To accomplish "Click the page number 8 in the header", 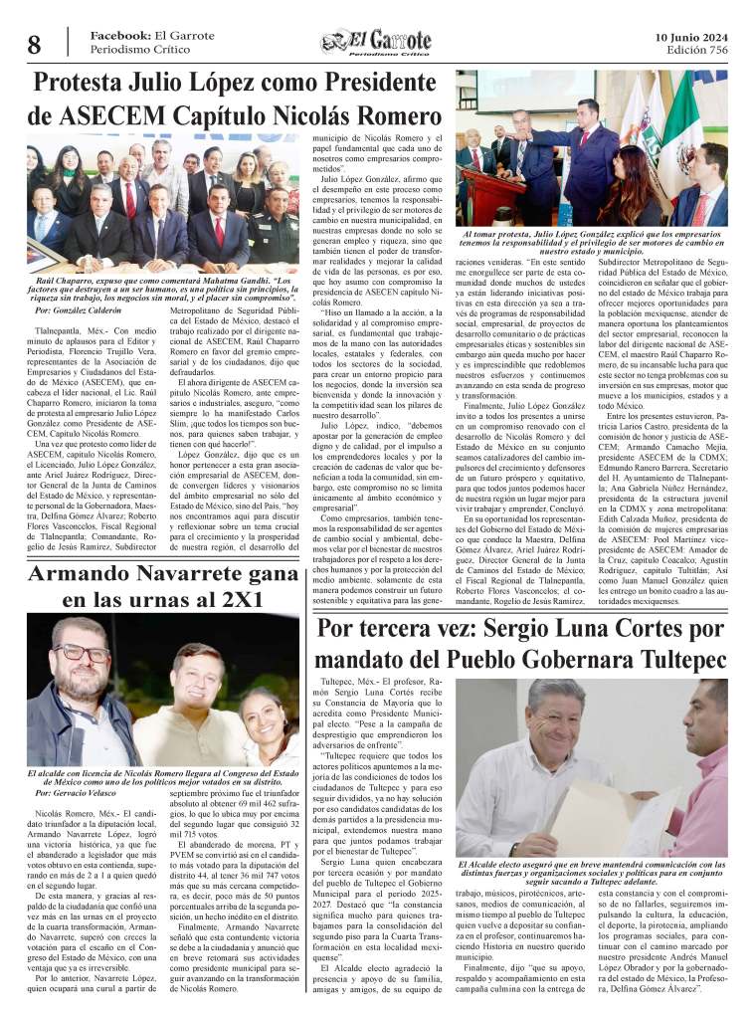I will coord(34,45).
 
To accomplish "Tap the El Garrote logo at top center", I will coord(376,42).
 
